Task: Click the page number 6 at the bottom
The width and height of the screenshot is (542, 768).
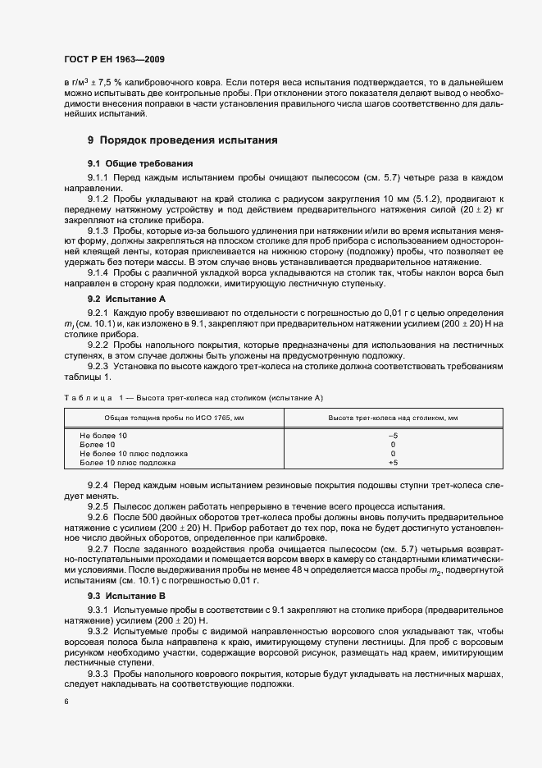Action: (66, 702)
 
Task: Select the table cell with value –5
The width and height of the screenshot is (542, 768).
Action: (392, 435)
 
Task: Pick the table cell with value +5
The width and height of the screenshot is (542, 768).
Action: (392, 462)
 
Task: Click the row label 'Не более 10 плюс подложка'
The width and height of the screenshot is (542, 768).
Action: (134, 453)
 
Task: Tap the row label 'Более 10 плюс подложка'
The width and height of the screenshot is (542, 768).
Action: (128, 462)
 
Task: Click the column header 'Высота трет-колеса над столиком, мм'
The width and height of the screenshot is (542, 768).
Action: (393, 418)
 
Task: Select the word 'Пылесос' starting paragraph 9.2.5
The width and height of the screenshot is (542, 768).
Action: (132, 505)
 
